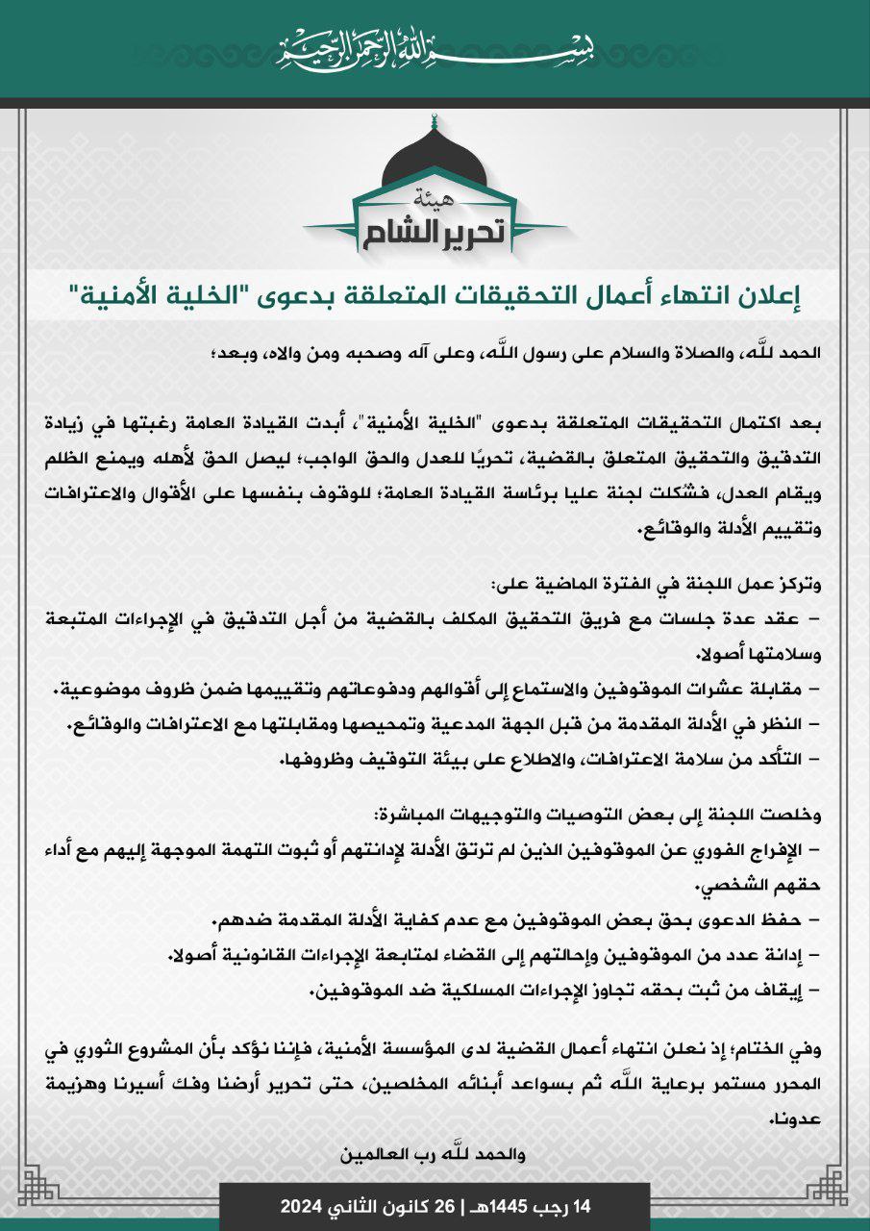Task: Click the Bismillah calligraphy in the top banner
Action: (435, 46)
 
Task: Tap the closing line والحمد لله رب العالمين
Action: (435, 1152)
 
